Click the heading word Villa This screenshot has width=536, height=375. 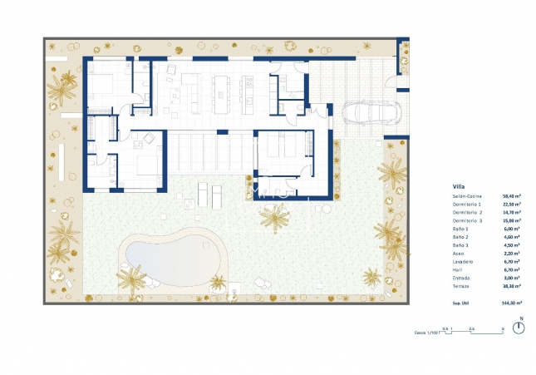pyautogui.click(x=458, y=186)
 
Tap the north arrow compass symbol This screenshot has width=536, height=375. pyautogui.click(x=520, y=327)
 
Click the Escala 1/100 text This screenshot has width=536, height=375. pyautogui.click(x=425, y=333)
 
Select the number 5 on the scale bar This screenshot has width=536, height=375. pyautogui.click(x=502, y=329)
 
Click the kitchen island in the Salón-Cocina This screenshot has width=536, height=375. pyautogui.click(x=223, y=93)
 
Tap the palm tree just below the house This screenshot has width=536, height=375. pyautogui.click(x=273, y=218)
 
